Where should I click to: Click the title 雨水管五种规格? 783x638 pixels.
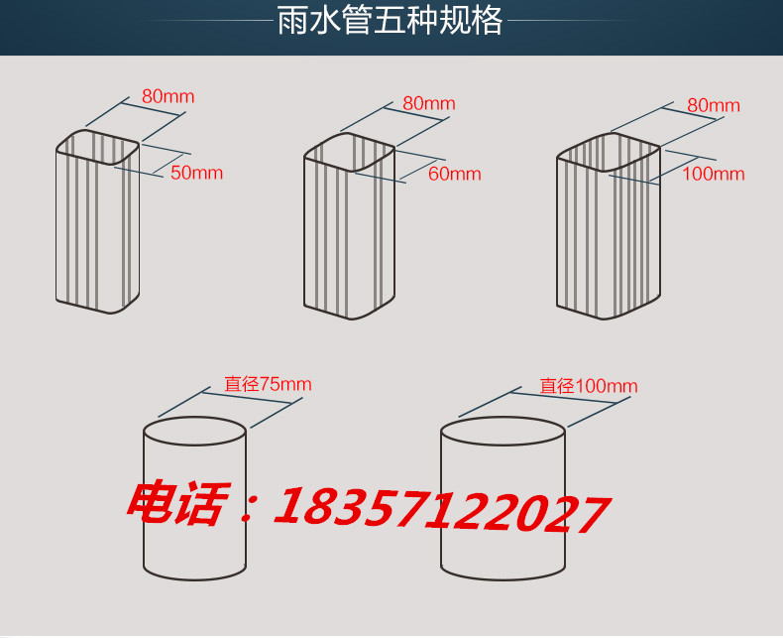390,21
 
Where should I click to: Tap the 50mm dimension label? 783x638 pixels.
197,173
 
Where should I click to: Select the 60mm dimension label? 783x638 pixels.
455,174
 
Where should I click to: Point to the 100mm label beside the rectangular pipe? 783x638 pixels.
714,174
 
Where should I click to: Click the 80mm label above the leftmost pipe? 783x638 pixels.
168,96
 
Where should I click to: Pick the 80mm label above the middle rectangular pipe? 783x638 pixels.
429,103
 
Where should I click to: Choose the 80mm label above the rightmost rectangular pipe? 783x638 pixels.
714,105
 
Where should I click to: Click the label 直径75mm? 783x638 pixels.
269,384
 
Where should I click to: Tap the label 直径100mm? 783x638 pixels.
589,386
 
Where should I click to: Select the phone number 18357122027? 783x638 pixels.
442,510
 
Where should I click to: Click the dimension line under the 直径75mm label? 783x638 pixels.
246,398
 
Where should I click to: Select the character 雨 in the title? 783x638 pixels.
292,21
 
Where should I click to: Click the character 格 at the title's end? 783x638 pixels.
488,21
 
